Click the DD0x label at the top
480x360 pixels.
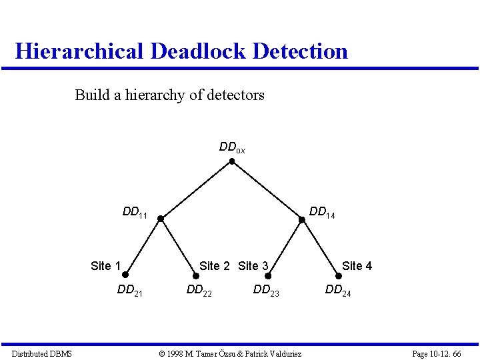tap(232, 147)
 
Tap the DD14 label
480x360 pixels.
tap(322, 213)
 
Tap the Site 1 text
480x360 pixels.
tap(105, 266)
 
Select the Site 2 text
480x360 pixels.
tap(215, 266)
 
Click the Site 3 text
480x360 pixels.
tap(253, 266)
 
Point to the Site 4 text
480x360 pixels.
tap(357, 266)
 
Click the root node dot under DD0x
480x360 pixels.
tap(231, 161)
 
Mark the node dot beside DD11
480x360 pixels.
tap(161, 218)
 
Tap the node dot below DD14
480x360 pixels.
tap(301, 219)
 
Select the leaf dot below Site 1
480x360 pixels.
tap(125, 275)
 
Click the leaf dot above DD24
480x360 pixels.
tap(338, 275)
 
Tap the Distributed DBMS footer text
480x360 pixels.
tap(41, 353)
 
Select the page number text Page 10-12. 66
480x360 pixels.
tap(437, 353)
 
